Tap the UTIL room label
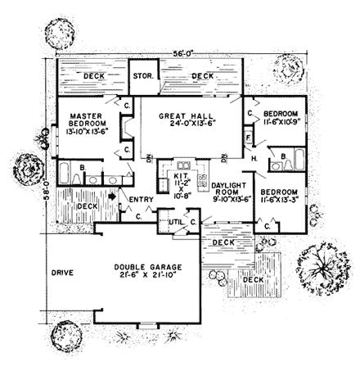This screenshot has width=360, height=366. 174,222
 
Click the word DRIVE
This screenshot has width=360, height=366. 62,271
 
